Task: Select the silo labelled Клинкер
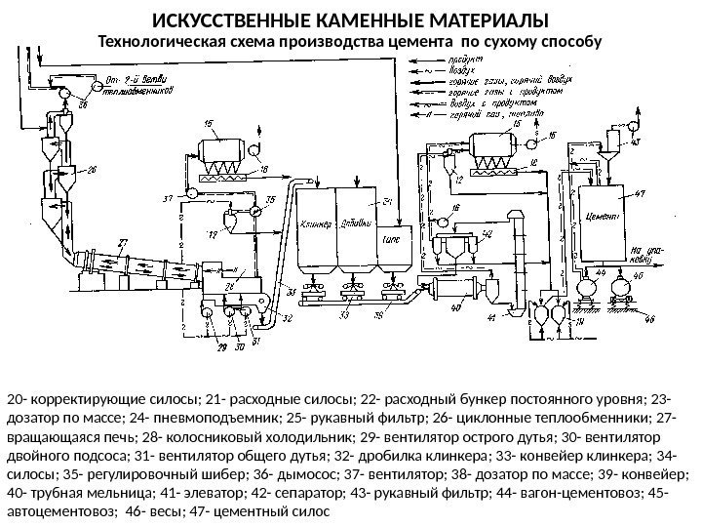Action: (x=314, y=220)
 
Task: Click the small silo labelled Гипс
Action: (x=396, y=236)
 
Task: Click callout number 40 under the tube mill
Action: (x=456, y=309)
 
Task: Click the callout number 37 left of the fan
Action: (x=168, y=198)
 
